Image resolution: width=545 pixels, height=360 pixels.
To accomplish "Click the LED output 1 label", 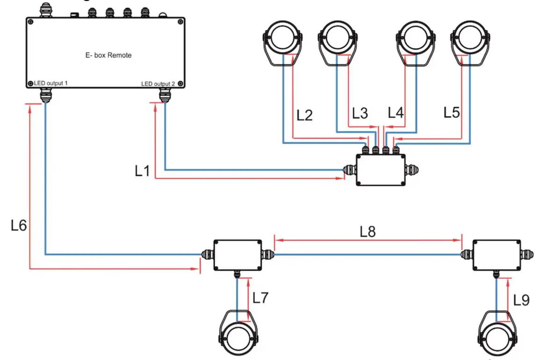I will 51,83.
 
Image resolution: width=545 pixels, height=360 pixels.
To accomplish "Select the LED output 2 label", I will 158,84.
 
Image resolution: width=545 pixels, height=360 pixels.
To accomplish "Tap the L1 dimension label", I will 142,172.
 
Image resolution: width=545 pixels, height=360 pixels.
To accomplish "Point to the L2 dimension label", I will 304,115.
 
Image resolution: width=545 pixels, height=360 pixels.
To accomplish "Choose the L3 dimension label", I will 360,113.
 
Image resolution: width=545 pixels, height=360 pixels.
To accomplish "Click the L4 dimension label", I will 396,113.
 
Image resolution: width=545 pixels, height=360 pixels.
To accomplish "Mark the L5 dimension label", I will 452,113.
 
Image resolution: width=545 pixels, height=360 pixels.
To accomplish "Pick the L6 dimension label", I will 19,225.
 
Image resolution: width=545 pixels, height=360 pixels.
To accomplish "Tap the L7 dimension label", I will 260,298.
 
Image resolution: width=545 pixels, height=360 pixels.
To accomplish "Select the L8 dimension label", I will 368,231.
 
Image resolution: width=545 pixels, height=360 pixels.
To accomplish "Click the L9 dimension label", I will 521,300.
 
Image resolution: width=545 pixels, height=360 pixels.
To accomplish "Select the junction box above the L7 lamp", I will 237,255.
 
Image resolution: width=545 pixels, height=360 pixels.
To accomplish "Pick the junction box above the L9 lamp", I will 496,255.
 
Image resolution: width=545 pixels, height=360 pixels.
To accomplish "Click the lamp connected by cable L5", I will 470,42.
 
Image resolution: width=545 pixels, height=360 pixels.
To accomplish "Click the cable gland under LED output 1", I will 45,96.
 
